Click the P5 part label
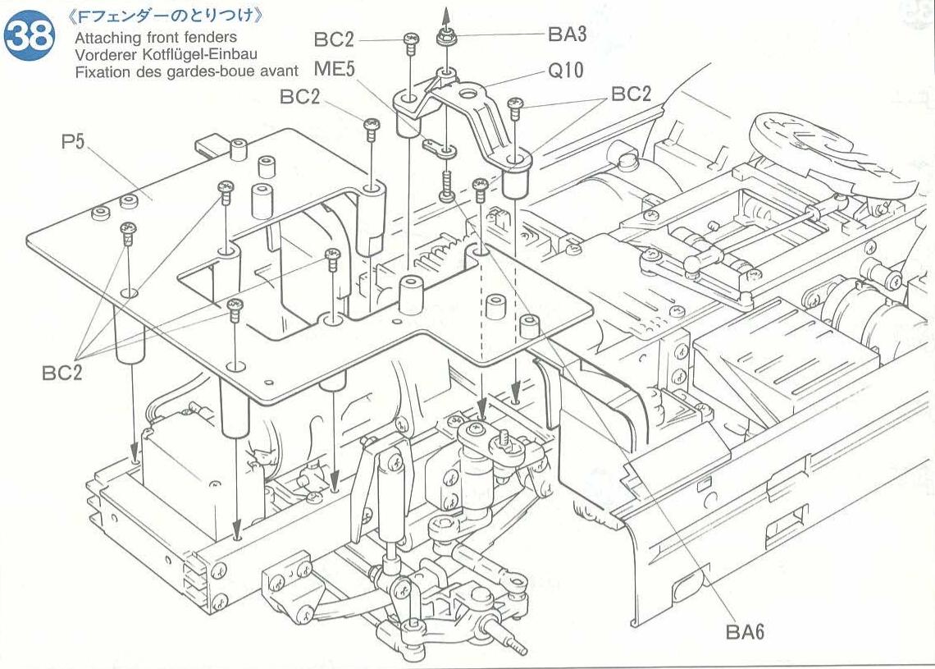point(72,141)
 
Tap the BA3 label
point(568,34)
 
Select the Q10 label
point(566,71)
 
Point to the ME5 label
point(334,69)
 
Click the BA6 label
point(746,631)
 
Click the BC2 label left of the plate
point(62,372)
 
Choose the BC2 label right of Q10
point(631,94)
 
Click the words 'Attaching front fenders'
point(155,37)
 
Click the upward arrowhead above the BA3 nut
point(446,11)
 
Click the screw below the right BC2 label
point(516,107)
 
